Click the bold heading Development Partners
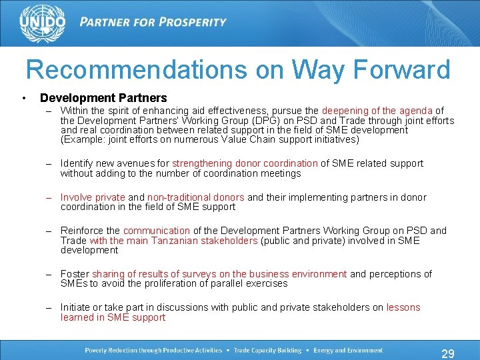103,98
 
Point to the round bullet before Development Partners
24,99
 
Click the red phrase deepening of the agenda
377,111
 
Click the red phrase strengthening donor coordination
245,163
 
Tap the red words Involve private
93,197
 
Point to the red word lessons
403,307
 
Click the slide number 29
448,353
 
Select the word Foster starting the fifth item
75,274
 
